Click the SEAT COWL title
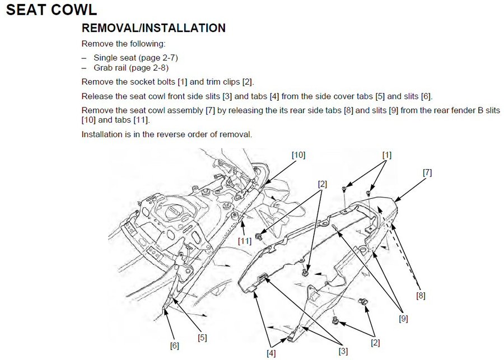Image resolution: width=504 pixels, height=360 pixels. click(x=51, y=10)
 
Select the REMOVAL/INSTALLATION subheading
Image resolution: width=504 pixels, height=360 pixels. click(x=153, y=28)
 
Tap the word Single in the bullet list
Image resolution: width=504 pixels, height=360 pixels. click(x=105, y=58)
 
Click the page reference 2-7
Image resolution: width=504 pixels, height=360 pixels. click(x=166, y=58)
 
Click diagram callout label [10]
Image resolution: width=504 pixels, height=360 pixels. click(x=298, y=155)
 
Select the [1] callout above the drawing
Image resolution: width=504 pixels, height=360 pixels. click(x=387, y=154)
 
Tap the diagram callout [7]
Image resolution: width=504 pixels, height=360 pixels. click(x=427, y=173)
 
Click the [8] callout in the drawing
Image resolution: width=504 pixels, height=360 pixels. click(x=421, y=295)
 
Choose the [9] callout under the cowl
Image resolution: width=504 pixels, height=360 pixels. click(x=404, y=319)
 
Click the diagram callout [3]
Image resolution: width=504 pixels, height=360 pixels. click(x=343, y=351)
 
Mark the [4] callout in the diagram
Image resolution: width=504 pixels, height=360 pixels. click(x=272, y=353)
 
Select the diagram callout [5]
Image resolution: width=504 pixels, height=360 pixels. click(x=202, y=338)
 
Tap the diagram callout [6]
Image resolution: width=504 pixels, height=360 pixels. click(x=174, y=345)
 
